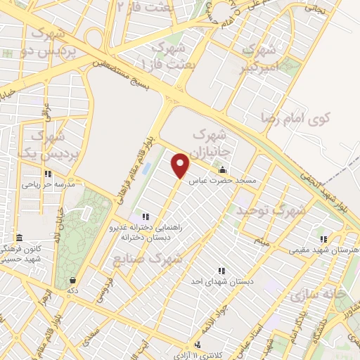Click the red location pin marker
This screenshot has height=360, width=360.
[x=181, y=165]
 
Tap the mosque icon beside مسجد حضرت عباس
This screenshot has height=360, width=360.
[x=223, y=169]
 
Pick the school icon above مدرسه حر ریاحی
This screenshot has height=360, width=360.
[x=47, y=174]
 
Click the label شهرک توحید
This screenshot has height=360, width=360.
[x=271, y=210]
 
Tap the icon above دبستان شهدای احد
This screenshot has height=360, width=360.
[x=221, y=270]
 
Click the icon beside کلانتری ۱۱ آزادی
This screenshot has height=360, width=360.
[x=199, y=345]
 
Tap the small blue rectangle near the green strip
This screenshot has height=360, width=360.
[x=146, y=169]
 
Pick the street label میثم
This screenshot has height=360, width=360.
[x=262, y=243]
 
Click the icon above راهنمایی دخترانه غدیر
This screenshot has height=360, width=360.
[x=146, y=216]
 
